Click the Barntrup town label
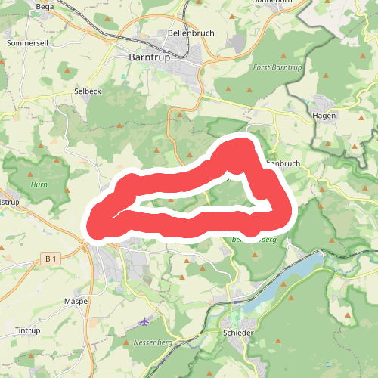(148, 57)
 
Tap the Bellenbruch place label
(190, 35)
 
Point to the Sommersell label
(27, 43)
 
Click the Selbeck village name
(88, 91)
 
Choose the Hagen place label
(324, 115)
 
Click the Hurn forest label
(38, 184)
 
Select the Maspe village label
(77, 301)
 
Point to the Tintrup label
(27, 331)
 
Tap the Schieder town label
(239, 333)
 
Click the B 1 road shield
(51, 259)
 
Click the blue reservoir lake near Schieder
(287, 280)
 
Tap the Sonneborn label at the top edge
(274, 2)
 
